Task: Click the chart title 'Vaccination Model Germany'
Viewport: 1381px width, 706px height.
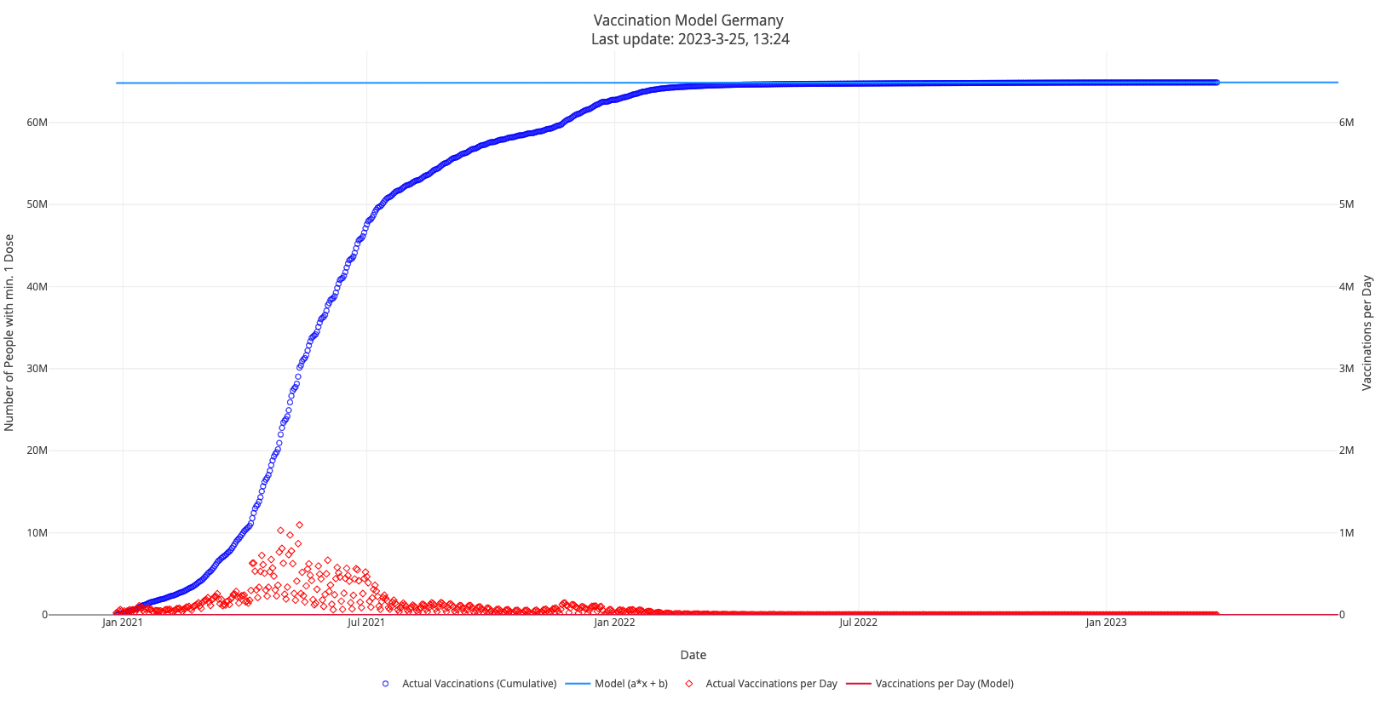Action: coord(688,20)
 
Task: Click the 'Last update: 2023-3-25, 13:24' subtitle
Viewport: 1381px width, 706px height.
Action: coord(690,39)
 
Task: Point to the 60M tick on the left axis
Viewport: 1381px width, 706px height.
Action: coord(37,123)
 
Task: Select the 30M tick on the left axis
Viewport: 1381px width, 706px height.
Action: coord(37,369)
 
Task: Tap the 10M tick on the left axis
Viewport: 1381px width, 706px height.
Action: coord(37,533)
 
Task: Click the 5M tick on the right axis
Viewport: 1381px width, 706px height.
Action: coord(1346,204)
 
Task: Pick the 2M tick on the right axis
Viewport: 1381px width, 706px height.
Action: coord(1346,451)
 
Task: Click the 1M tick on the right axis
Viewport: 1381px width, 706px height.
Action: coord(1346,533)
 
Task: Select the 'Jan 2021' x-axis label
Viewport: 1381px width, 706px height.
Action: coord(122,623)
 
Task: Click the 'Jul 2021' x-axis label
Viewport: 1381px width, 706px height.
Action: coord(366,623)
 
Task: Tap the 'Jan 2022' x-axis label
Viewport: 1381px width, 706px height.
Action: coord(613,623)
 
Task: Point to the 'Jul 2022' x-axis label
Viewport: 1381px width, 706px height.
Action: coord(858,623)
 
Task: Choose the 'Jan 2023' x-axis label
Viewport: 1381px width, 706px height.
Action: coord(1106,623)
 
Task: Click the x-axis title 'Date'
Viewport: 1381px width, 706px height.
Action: coord(693,655)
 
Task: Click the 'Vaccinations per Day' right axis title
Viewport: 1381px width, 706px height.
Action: coord(1367,332)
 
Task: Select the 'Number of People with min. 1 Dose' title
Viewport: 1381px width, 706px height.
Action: coord(9,332)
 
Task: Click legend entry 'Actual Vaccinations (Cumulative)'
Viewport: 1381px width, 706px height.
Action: coord(479,684)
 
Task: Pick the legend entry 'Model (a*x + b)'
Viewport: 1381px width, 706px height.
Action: coord(630,684)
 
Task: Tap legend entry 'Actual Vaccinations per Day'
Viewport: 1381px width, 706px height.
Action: coord(771,684)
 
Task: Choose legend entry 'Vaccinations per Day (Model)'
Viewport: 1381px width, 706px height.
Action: coord(944,684)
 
